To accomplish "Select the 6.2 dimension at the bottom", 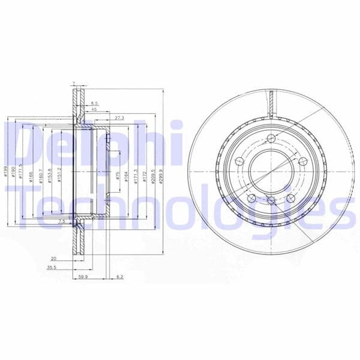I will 119,277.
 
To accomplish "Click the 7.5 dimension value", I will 61,222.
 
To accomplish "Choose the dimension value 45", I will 94,110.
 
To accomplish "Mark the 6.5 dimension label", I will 94,103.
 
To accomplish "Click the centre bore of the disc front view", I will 269,170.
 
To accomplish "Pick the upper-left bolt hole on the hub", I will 239,161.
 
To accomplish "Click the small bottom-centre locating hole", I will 270,200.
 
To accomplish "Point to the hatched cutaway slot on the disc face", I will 271,102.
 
